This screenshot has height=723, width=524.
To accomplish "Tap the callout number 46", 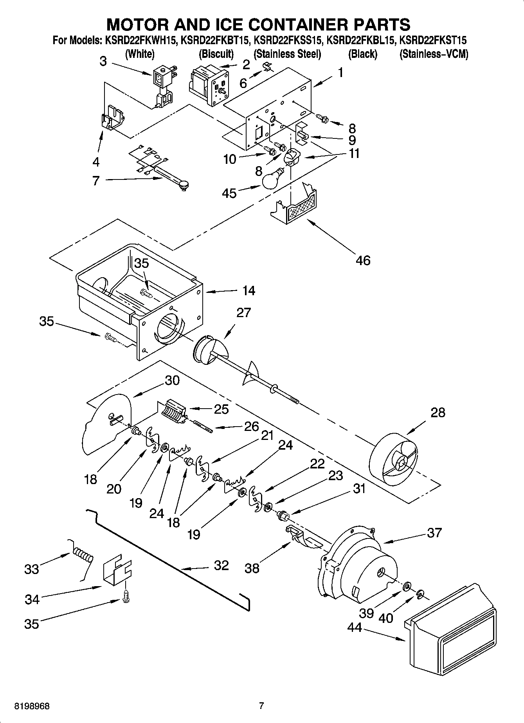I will [x=363, y=260].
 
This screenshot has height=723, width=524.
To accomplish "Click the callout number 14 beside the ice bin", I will [x=248, y=291].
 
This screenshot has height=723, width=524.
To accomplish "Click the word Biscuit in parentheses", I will [x=216, y=54].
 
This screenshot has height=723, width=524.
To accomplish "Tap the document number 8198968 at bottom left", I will [x=32, y=706].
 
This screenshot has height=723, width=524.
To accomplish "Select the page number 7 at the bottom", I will [x=261, y=706].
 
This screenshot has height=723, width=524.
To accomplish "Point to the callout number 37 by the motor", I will [x=434, y=533].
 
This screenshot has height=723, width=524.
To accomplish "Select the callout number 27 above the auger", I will [x=243, y=312].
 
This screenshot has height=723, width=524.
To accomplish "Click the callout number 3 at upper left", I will [x=103, y=61].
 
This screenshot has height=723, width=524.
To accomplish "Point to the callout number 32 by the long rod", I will [x=221, y=565].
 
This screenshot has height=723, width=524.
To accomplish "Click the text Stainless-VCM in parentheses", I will [x=434, y=54].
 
